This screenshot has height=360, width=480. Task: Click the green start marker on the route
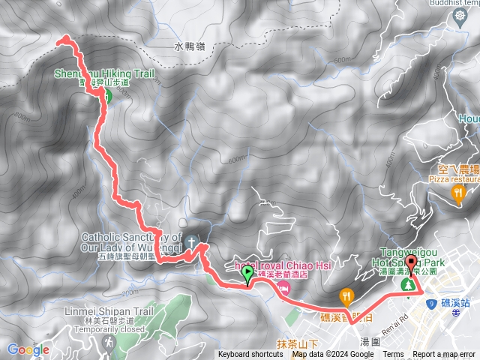pyautogui.click(x=247, y=276)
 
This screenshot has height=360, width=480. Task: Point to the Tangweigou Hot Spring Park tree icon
pyautogui.click(x=408, y=286)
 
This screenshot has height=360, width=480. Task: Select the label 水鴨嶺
pyautogui.click(x=189, y=46)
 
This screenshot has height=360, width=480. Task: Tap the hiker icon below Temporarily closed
pyautogui.click(x=109, y=342)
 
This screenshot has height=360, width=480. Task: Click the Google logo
pyautogui.click(x=28, y=349)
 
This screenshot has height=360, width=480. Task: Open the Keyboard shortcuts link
pyautogui.click(x=250, y=355)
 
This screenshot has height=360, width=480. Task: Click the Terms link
pyautogui.click(x=393, y=355)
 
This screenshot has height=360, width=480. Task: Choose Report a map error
pyautogui.click(x=444, y=355)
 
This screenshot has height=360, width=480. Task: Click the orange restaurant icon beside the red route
pyautogui.click(x=346, y=295)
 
